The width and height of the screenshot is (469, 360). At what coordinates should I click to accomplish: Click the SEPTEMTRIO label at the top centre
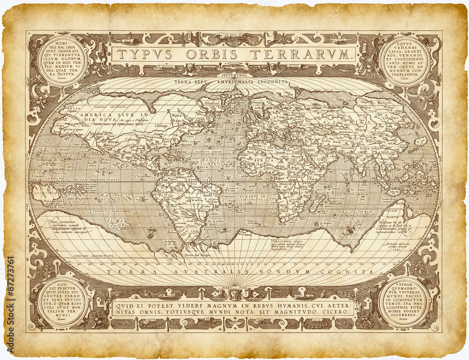point(235,75)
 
